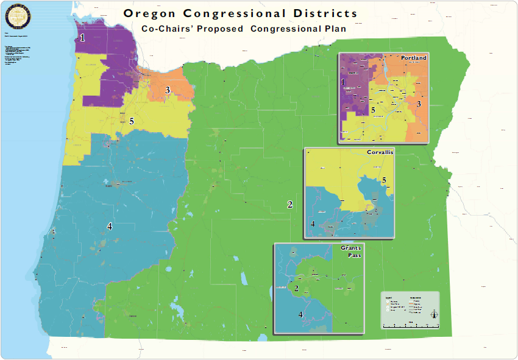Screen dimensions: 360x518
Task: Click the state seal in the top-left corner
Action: coord(16,18)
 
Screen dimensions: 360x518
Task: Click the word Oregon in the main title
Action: coord(149,13)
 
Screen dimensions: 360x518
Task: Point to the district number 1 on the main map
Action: coord(82,38)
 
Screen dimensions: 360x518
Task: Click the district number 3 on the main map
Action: coord(168,90)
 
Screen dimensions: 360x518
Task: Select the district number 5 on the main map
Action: coord(131,121)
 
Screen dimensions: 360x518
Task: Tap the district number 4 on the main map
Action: coord(110,226)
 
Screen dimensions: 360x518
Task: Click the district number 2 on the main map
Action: coord(290,204)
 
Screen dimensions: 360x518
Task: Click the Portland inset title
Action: coord(413,58)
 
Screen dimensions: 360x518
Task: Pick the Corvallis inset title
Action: coord(379,153)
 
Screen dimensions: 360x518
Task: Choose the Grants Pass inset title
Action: coord(350,252)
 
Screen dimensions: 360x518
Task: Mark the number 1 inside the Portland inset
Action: coord(343,82)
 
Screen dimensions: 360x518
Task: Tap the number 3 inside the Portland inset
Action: coord(419,104)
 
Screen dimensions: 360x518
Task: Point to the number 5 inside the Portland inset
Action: coord(373,110)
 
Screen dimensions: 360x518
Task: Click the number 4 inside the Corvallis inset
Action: coord(313,224)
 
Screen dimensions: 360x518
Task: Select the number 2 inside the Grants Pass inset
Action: coord(296,288)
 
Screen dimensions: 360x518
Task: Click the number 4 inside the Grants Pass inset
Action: coord(300,314)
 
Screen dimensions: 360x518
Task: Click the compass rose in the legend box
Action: coord(434,314)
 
